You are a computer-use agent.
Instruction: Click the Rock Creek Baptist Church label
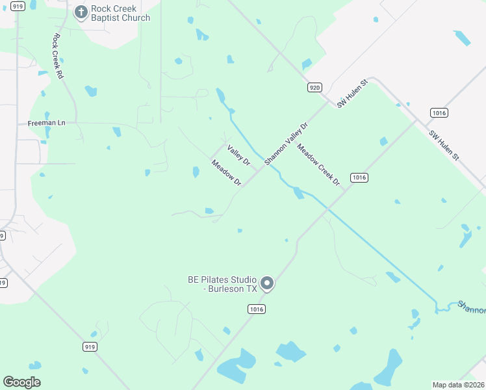point(121,14)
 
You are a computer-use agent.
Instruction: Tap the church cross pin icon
point(81,12)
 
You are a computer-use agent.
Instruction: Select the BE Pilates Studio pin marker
point(266,284)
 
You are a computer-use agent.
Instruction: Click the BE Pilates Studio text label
point(222,284)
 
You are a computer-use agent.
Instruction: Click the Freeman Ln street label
point(47,123)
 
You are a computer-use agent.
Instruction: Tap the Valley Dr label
point(238,155)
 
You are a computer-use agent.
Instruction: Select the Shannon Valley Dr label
point(285,144)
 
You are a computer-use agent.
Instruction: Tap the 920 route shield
point(314,87)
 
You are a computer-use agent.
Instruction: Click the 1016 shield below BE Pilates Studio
point(256,309)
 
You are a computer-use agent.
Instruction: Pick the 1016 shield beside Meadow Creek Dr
point(359,177)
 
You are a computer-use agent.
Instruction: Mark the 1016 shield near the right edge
point(439,113)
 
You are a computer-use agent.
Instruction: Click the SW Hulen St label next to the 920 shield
point(352,94)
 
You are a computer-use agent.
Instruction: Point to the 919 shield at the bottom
point(90,346)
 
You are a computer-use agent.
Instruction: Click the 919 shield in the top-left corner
point(17,6)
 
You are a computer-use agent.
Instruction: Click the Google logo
point(21,382)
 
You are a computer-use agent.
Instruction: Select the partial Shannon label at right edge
point(471,305)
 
